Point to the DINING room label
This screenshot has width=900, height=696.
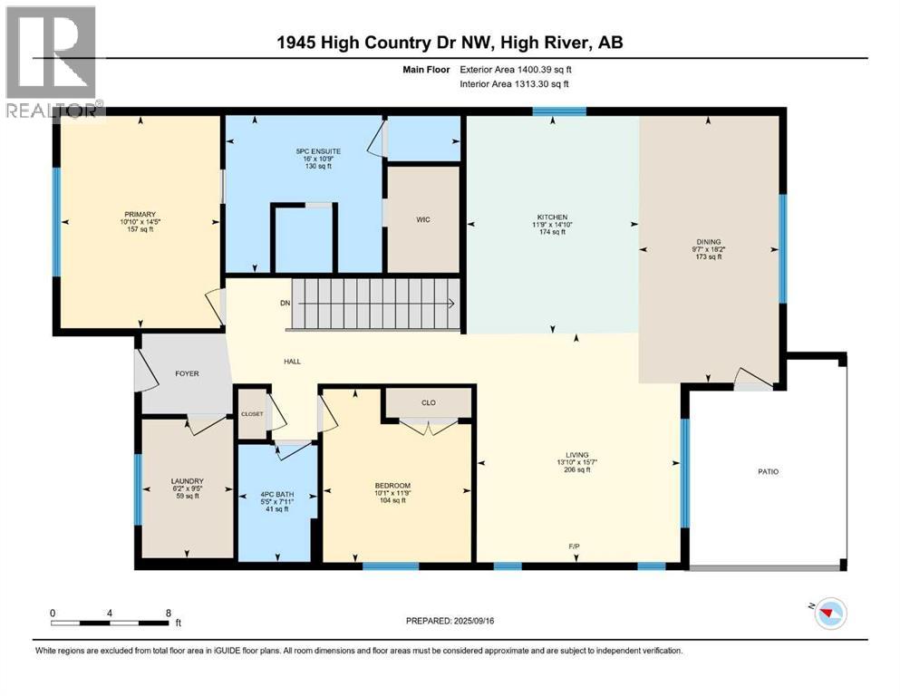[708, 241]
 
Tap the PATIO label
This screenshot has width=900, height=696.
[768, 471]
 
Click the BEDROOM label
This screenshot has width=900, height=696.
[392, 486]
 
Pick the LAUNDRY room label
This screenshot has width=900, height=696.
[187, 481]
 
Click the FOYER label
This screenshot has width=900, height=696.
[187, 373]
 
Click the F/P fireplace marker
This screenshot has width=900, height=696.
[575, 547]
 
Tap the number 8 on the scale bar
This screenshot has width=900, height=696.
[168, 613]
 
